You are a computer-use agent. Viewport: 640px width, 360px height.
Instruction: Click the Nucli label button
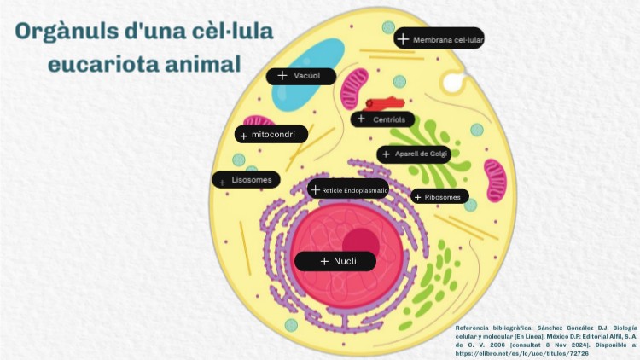(x=335, y=261)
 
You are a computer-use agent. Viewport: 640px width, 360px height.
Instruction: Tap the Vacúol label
(x=301, y=76)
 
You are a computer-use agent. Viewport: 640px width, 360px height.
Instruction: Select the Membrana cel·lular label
(x=439, y=39)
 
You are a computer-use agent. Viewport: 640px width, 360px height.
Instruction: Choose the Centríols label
(x=382, y=119)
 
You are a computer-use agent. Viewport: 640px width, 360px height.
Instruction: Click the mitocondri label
(x=271, y=135)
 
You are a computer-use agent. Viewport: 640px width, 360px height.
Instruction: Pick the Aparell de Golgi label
(x=414, y=154)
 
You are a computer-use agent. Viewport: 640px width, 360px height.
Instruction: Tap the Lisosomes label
(x=246, y=180)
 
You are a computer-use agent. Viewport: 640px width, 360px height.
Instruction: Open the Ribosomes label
(x=439, y=197)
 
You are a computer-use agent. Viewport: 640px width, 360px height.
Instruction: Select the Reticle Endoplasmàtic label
(x=348, y=189)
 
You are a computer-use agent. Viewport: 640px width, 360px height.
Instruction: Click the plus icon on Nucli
(x=324, y=261)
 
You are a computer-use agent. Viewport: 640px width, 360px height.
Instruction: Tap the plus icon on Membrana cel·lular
(x=403, y=39)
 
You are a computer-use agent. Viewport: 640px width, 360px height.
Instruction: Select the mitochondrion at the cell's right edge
(x=495, y=184)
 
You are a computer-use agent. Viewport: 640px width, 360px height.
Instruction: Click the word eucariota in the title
(x=101, y=63)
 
